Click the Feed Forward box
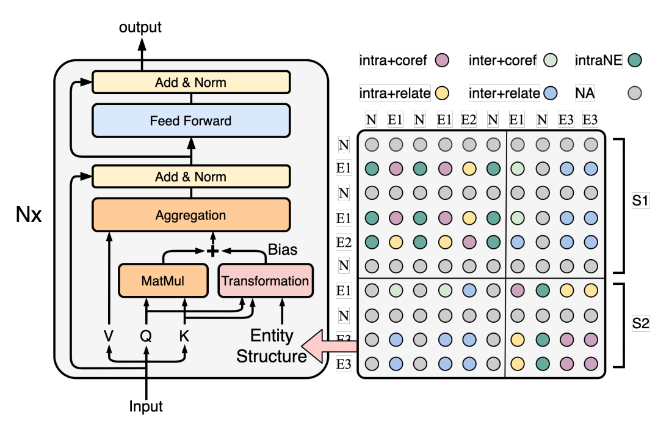pyautogui.click(x=190, y=120)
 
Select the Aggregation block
pyautogui.click(x=190, y=215)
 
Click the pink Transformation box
pyautogui.click(x=266, y=281)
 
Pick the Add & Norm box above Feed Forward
pyautogui.click(x=190, y=82)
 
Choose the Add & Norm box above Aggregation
pyautogui.click(x=190, y=177)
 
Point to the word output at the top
pyautogui.click(x=140, y=28)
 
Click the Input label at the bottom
pyautogui.click(x=146, y=406)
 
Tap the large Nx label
pyautogui.click(x=29, y=215)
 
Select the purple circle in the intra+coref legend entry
pyautogui.click(x=443, y=60)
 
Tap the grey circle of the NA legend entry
pyautogui.click(x=635, y=94)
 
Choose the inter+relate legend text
pyautogui.click(x=504, y=94)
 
